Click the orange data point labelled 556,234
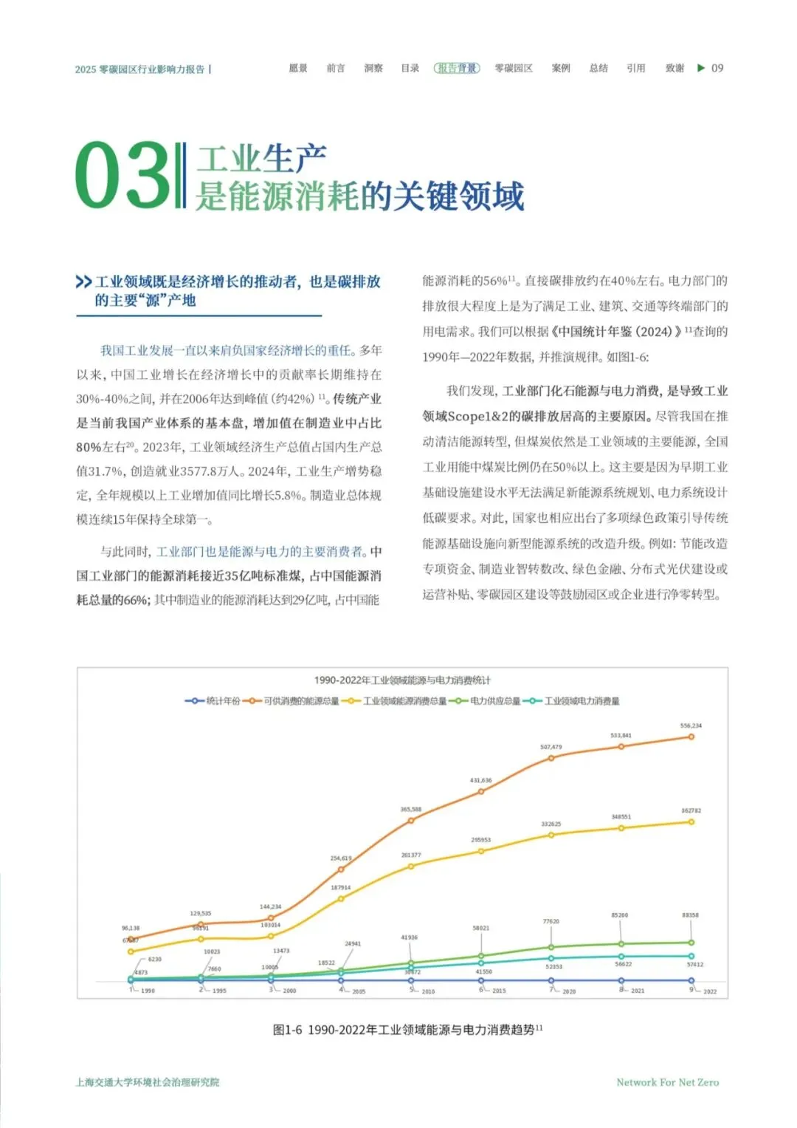tap(691, 736)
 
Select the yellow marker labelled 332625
tap(551, 835)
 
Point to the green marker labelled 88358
tap(691, 943)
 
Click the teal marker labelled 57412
tap(691, 956)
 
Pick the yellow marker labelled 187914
tap(341, 899)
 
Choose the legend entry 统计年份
tap(214, 701)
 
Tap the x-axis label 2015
tap(499, 991)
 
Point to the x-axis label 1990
tap(148, 991)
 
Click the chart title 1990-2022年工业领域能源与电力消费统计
tap(402, 680)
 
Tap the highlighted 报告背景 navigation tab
tap(457, 68)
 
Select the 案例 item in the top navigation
tap(561, 68)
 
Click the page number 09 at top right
tap(717, 68)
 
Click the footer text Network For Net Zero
tap(667, 1082)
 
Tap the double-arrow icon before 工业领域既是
tap(83, 282)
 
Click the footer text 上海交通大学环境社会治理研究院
tap(148, 1082)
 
